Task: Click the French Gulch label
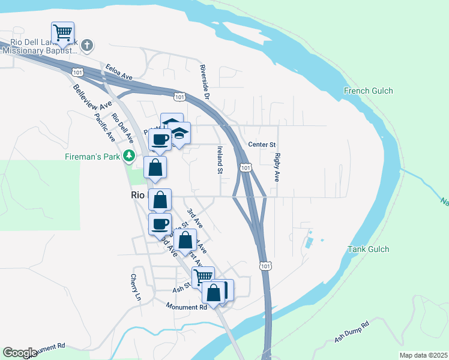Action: click(x=368, y=91)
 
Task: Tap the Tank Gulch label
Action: click(x=369, y=249)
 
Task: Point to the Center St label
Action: click(x=262, y=145)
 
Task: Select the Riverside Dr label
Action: click(x=205, y=82)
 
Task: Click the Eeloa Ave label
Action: click(x=118, y=72)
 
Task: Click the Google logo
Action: click(x=20, y=353)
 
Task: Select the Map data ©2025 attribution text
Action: click(x=423, y=355)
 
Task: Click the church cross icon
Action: click(x=87, y=45)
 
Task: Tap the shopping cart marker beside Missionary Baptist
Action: click(x=62, y=32)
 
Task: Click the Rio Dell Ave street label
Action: click(x=122, y=128)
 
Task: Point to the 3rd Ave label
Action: click(x=194, y=217)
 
